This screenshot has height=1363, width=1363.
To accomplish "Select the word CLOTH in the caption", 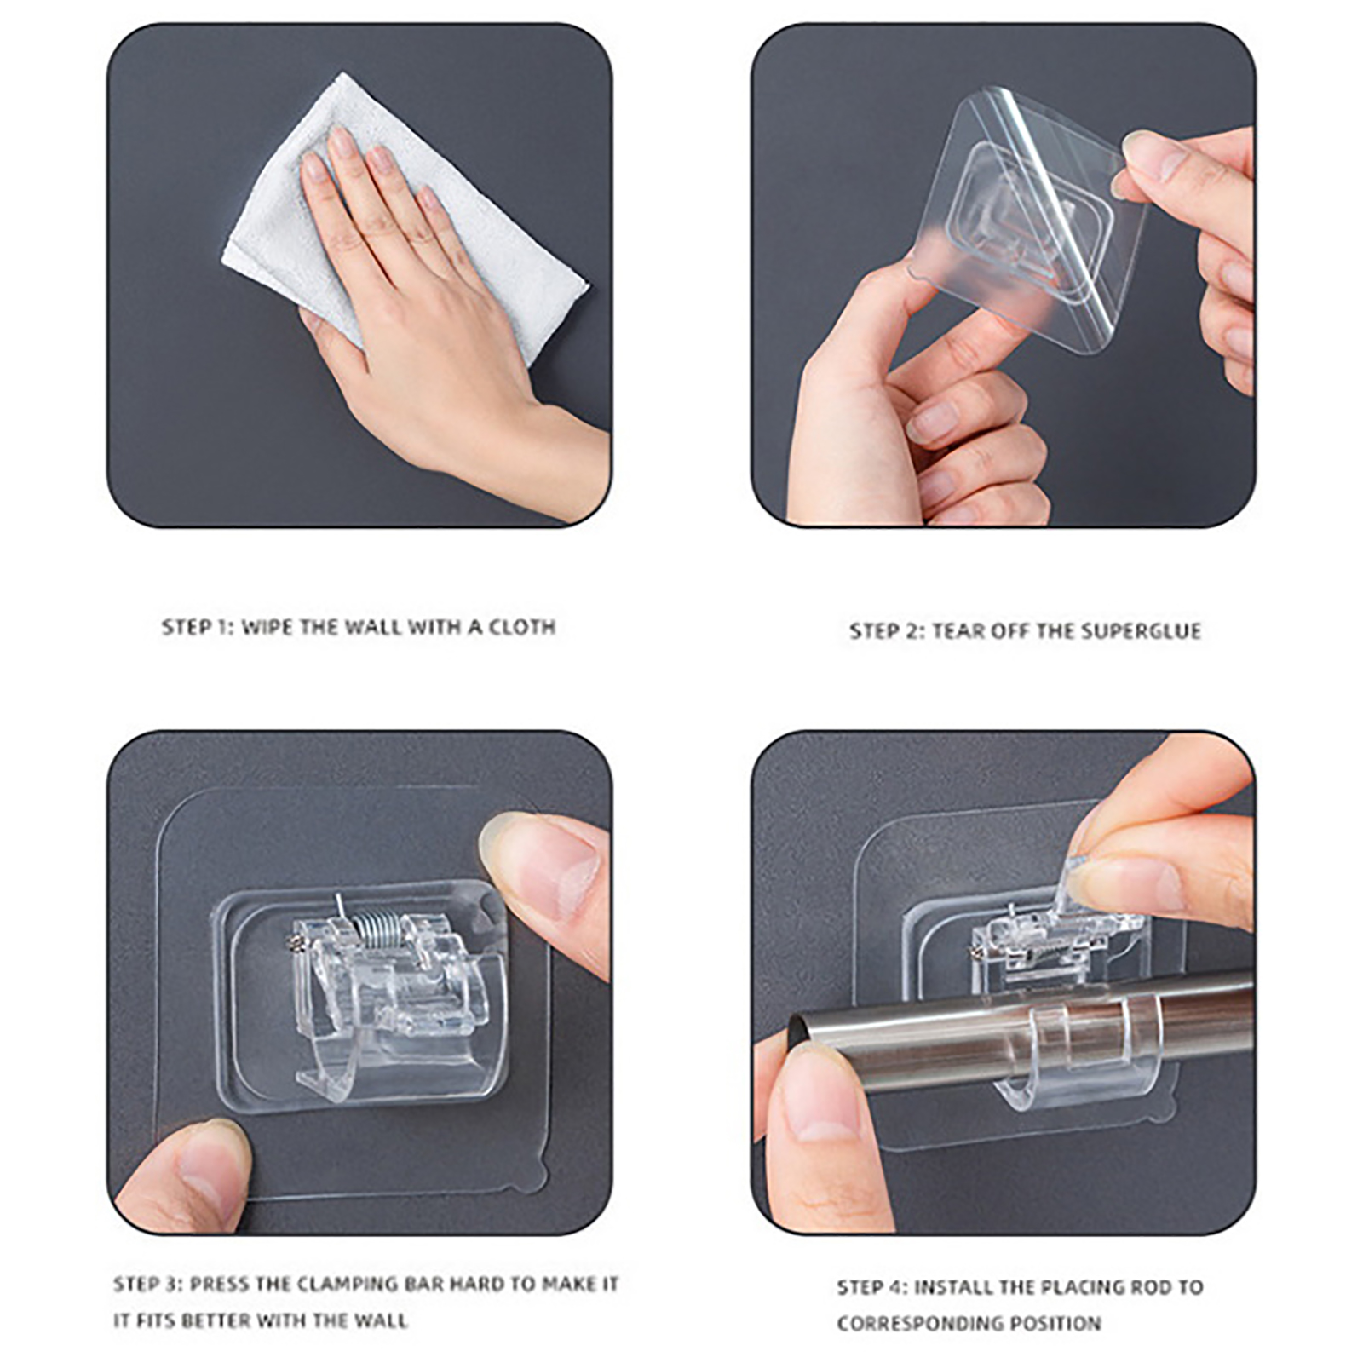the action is pyautogui.click(x=521, y=628).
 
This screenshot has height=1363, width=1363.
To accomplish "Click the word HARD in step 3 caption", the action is pyautogui.click(x=477, y=1284).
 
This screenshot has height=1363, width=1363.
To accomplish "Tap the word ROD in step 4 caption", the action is pyautogui.click(x=1147, y=1287).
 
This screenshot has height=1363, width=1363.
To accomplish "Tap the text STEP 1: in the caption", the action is pyautogui.click(x=197, y=628).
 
